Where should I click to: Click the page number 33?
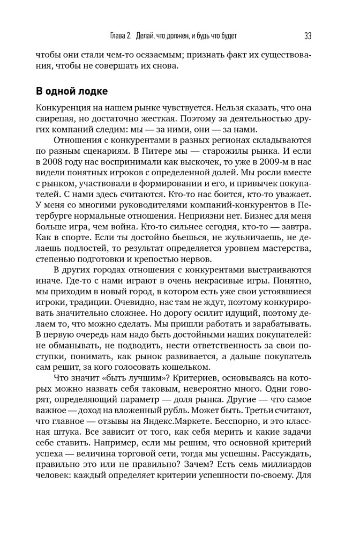307,36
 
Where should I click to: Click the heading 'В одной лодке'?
71,90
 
